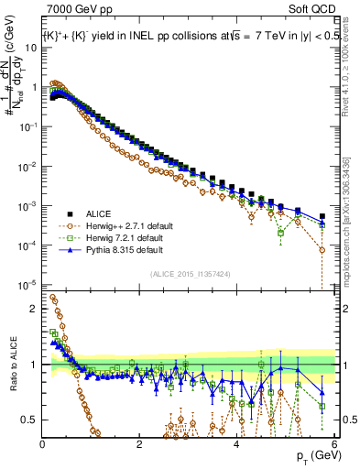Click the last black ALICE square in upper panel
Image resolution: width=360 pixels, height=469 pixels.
pyautogui.click(x=322, y=216)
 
